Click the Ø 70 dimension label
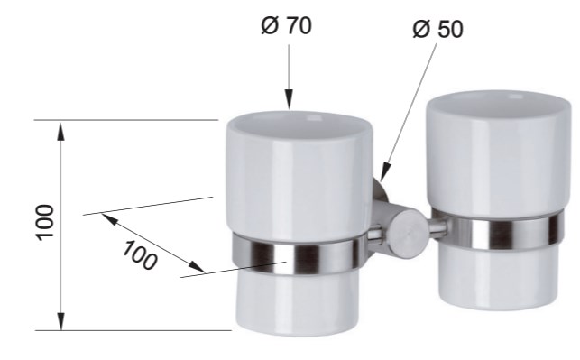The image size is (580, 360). pyautogui.click(x=286, y=25)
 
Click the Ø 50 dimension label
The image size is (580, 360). pyautogui.click(x=437, y=29)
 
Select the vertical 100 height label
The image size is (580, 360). pyautogui.click(x=45, y=222)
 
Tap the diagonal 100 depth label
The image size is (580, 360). pyautogui.click(x=140, y=255)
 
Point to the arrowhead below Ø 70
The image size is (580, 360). pyautogui.click(x=289, y=99)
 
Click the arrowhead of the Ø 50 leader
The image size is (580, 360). pyautogui.click(x=384, y=172)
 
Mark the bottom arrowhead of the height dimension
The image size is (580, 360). pyautogui.click(x=61, y=320)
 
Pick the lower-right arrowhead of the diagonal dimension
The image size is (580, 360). pyautogui.click(x=196, y=266)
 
